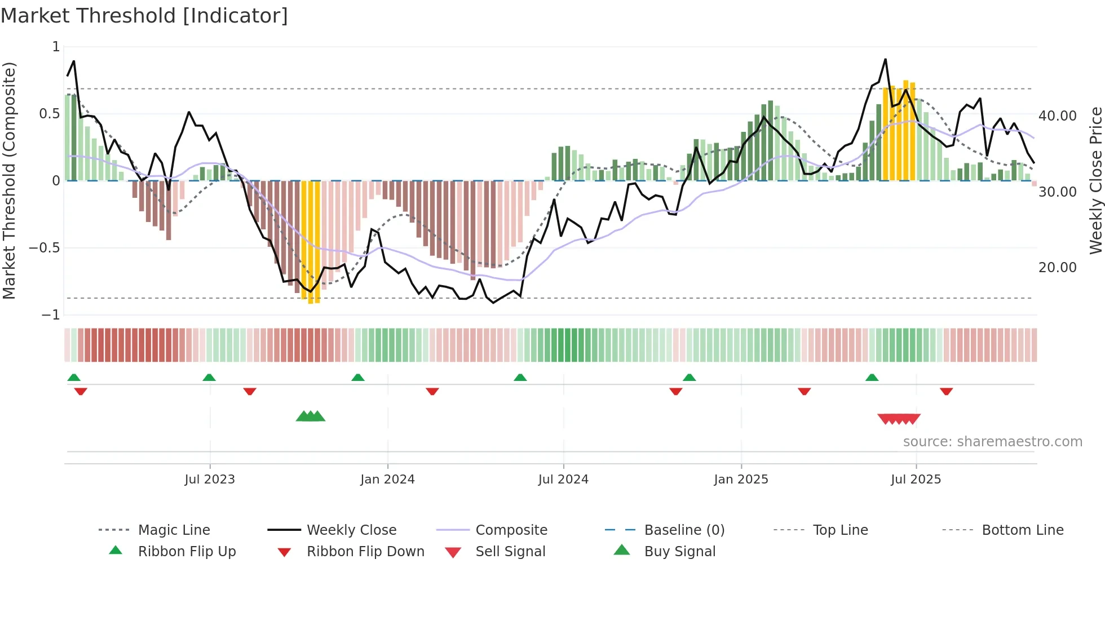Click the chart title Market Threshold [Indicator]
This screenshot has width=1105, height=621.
pos(144,16)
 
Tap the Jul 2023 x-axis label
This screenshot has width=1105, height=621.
pos(210,480)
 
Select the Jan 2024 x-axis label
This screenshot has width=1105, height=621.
pos(387,480)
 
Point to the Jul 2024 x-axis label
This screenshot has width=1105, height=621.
pos(563,480)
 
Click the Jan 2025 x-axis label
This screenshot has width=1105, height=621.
pos(741,480)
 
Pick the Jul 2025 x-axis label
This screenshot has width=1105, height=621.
pos(916,480)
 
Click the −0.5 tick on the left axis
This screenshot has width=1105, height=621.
pos(45,248)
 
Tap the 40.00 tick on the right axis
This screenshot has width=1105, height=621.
pos(1058,116)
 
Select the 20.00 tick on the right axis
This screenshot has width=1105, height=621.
pos(1058,268)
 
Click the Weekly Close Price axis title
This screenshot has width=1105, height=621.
pos(1095,180)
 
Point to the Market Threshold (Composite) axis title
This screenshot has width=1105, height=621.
pos(9,180)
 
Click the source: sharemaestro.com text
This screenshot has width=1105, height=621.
pos(992,442)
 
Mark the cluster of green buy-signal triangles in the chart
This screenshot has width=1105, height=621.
pos(311,416)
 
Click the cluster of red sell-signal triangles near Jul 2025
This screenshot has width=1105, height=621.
pos(899,419)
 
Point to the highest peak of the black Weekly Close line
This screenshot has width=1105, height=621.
pos(885,60)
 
